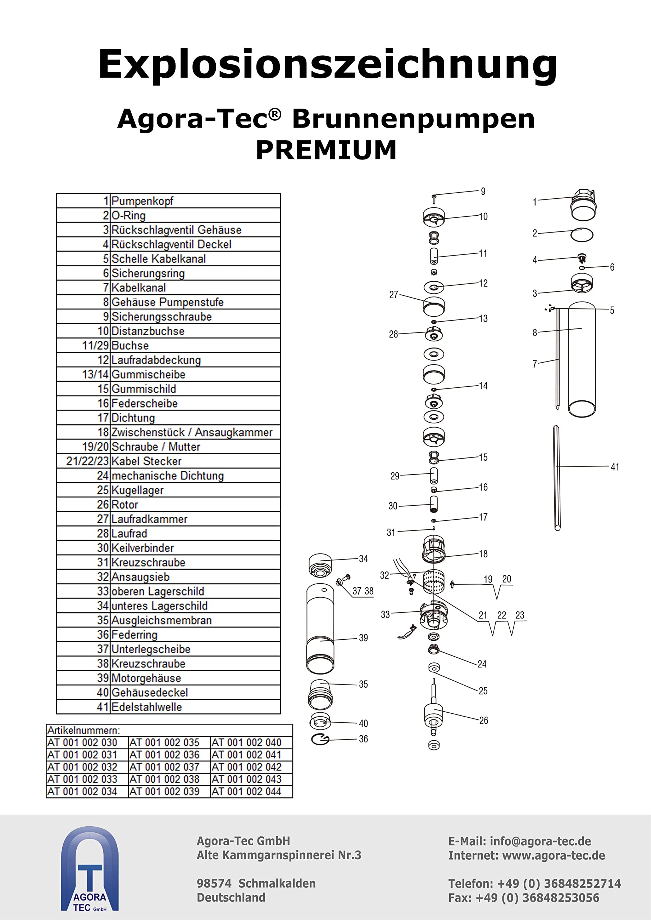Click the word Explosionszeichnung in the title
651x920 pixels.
(x=327, y=64)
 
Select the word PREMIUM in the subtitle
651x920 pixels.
(x=326, y=150)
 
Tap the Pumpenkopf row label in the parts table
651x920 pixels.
(x=142, y=201)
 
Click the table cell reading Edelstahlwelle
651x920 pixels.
(x=146, y=707)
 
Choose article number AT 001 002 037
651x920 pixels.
(x=164, y=767)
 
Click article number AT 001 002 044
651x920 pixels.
(x=246, y=791)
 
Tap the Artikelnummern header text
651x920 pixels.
(x=83, y=730)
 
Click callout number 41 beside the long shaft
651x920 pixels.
(x=615, y=467)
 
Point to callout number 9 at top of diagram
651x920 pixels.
(x=483, y=192)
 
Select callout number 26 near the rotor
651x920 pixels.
(x=483, y=721)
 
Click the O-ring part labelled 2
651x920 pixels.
(x=582, y=235)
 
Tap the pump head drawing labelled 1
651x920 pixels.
(x=583, y=205)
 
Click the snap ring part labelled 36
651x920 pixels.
(x=320, y=739)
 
